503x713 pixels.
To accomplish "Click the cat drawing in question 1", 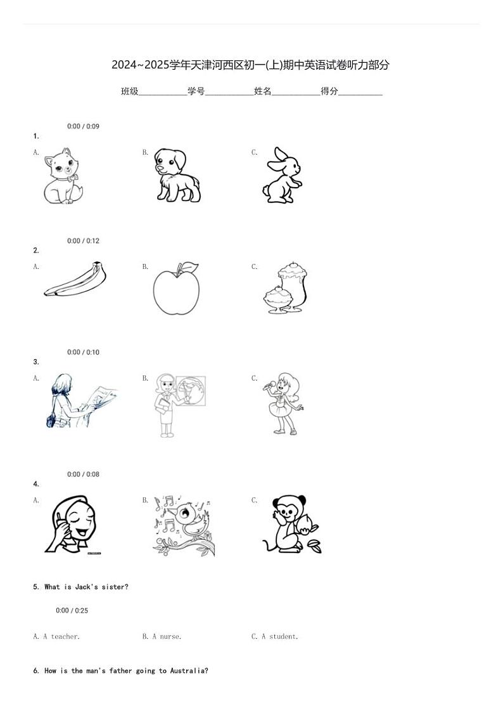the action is tap(63, 176).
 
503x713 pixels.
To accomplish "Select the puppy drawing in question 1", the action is tap(177, 175).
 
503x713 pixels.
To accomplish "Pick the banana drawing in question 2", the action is tap(75, 278).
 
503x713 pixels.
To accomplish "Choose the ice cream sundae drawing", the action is tap(286, 287).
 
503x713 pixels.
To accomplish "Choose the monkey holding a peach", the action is tap(291, 524).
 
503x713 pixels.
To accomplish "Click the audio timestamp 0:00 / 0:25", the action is tap(72, 610).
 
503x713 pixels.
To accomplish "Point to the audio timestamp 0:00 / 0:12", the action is tap(83, 240).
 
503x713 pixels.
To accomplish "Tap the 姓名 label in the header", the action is tap(263, 91).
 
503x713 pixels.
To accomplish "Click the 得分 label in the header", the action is tap(329, 91).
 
